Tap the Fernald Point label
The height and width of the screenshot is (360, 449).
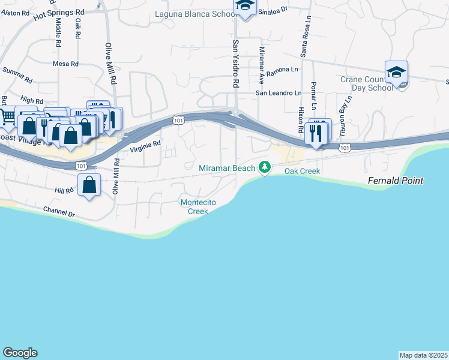point(396,181)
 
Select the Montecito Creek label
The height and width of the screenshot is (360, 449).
point(194,206)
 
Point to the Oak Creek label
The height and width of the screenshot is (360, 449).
point(302,171)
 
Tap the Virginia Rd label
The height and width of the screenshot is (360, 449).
point(146,144)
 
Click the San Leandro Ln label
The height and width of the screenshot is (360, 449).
point(279,93)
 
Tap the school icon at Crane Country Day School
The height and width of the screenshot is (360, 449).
point(396,73)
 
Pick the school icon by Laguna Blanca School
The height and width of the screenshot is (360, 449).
point(245,5)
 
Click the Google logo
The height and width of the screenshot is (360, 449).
point(20,353)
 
